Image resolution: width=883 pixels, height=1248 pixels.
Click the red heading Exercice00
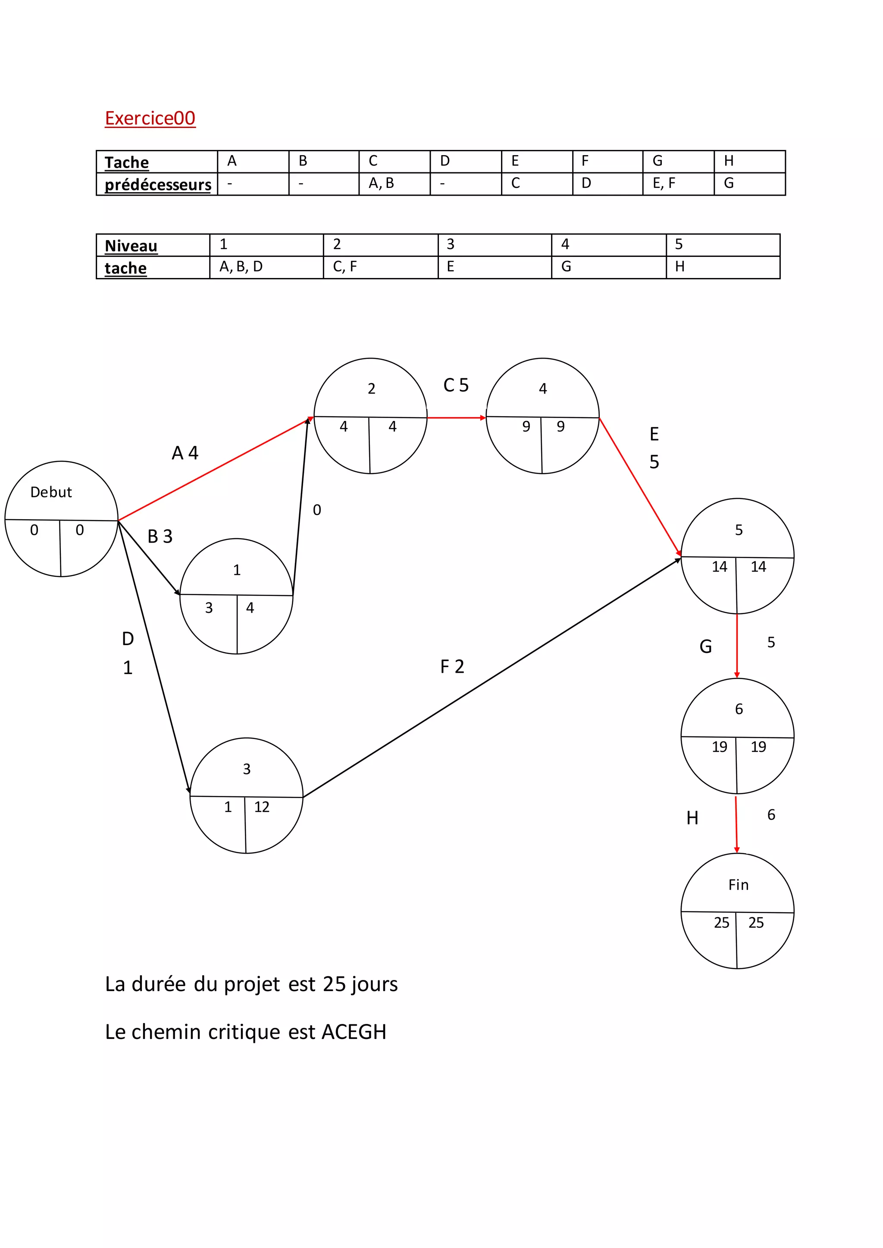coord(150,118)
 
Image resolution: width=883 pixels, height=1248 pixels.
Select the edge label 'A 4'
coord(185,453)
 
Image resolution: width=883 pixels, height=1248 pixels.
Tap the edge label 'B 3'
coord(160,537)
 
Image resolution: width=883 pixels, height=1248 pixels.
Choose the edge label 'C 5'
coord(456,385)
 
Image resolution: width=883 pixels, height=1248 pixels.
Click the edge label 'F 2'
coord(452,666)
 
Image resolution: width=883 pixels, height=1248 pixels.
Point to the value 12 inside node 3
coord(262,807)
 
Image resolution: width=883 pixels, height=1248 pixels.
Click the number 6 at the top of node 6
coord(739,709)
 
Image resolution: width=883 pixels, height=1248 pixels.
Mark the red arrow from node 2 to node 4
coord(456,418)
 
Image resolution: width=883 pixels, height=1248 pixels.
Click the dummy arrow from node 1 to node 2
coord(300,505)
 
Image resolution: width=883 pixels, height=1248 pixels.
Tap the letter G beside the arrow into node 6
coord(706,647)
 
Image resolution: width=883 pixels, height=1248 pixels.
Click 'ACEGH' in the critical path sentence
coord(354,1032)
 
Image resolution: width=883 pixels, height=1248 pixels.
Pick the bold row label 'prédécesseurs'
coord(158,185)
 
